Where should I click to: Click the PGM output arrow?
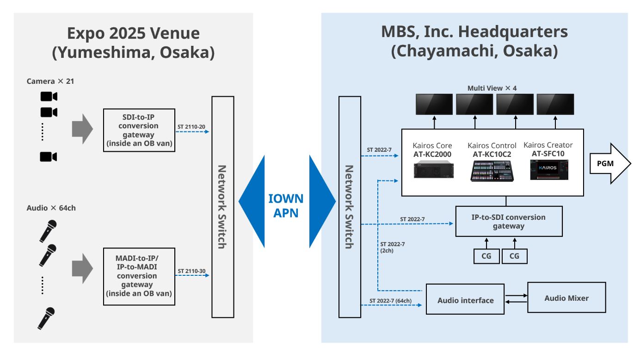point(610,163)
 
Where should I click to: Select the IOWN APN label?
point(286,206)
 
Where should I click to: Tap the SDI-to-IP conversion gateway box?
point(138,130)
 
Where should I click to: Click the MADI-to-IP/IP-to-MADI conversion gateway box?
point(138,276)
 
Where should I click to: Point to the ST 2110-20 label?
point(191,126)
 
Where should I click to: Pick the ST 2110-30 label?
point(191,271)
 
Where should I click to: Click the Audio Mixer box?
point(566,298)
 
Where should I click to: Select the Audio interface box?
point(465,300)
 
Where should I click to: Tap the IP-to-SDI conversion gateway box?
point(509,222)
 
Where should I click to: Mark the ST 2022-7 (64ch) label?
point(390,301)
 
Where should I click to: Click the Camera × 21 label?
point(50,81)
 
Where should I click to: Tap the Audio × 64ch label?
point(51,208)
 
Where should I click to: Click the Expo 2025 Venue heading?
point(133,42)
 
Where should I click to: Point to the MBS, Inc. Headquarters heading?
point(474,41)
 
